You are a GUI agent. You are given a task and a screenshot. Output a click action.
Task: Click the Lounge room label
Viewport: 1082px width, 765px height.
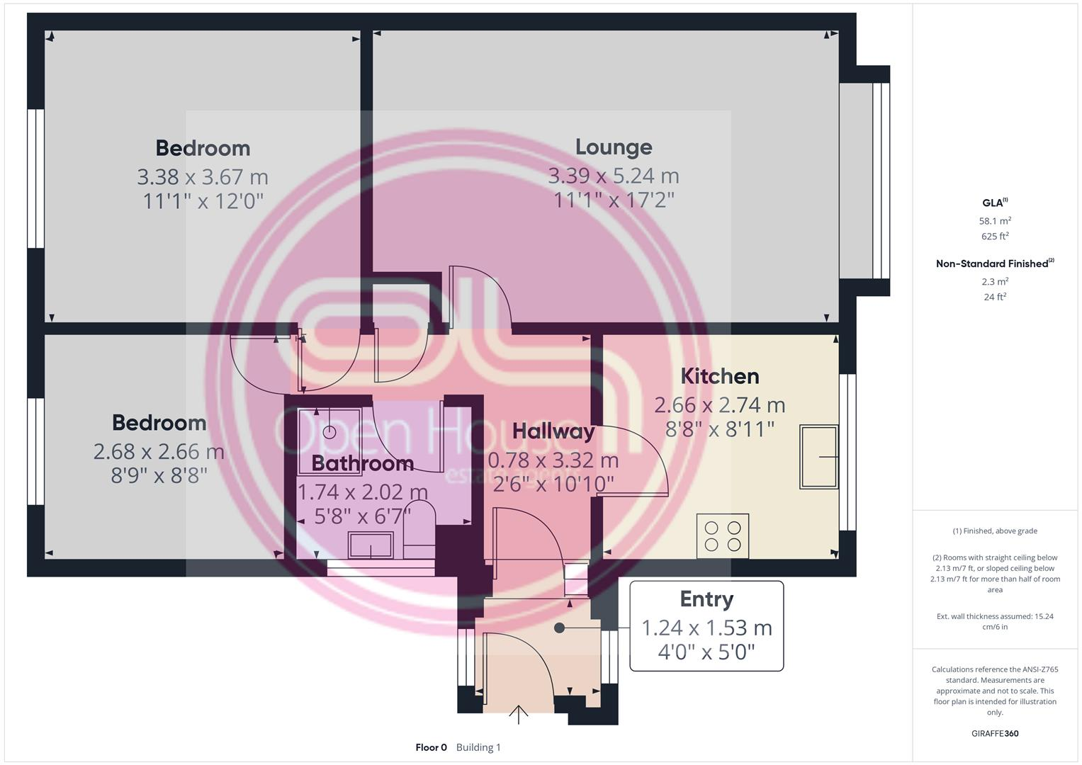coord(613,147)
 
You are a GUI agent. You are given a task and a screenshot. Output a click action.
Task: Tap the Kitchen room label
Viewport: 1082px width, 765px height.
coord(719,376)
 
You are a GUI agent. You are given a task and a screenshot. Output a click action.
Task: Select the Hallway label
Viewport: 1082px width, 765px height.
coord(553,431)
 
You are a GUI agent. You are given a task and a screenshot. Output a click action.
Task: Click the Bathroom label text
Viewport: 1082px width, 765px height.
coord(362,463)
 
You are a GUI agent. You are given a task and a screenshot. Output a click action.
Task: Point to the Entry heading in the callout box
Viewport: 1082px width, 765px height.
coord(706,599)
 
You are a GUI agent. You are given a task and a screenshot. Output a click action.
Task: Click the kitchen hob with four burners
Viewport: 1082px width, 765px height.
coord(723,535)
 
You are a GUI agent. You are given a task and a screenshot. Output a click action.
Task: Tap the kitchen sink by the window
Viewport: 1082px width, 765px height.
coord(818,457)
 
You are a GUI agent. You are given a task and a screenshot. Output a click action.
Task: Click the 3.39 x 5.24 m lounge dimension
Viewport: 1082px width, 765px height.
coord(613,176)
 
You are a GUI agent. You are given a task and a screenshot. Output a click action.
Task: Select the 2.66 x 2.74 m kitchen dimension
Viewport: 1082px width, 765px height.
coord(719,405)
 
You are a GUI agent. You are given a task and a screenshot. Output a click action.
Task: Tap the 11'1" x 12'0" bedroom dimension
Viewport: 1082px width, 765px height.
coord(203,201)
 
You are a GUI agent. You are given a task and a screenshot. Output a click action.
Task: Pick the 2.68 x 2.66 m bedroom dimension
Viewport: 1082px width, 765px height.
coord(159,451)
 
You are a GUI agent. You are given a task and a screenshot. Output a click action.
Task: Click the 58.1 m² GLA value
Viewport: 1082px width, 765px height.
coord(995,221)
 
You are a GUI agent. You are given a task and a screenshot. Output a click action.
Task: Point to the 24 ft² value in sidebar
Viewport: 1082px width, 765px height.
coord(995,297)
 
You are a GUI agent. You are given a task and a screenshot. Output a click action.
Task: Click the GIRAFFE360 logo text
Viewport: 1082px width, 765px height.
coord(995,733)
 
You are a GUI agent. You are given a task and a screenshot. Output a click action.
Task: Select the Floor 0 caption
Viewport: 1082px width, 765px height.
coord(431,747)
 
